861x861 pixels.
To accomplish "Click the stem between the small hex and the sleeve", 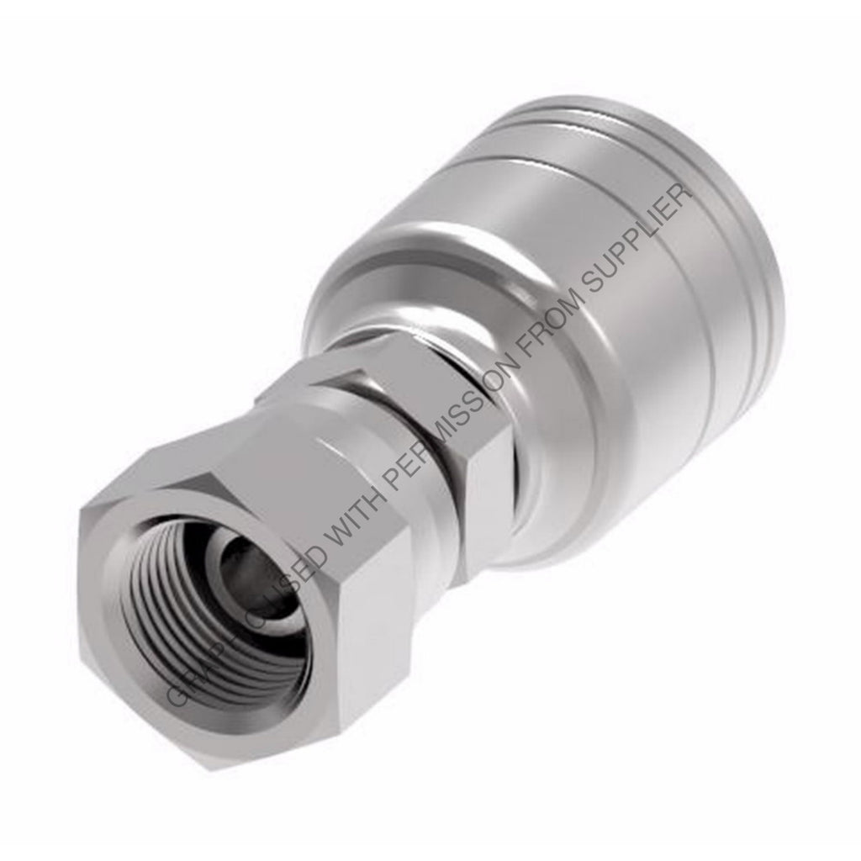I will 504,504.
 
